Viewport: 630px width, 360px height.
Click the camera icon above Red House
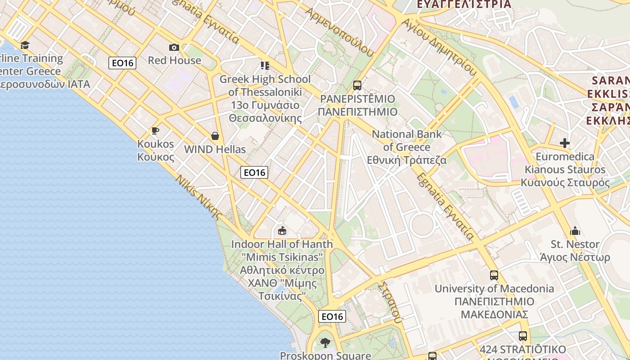click(174, 47)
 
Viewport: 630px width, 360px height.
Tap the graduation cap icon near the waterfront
click(25, 45)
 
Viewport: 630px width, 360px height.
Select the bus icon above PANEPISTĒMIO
click(357, 85)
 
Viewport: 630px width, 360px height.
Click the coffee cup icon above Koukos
click(155, 131)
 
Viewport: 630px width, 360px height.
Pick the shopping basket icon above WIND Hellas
click(215, 136)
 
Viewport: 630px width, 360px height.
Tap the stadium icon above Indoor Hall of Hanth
click(282, 231)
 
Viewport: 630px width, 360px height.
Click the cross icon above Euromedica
click(565, 143)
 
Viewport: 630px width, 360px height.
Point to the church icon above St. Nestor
click(575, 231)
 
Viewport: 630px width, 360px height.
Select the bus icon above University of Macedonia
click(494, 275)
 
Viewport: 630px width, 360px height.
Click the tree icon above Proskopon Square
click(325, 343)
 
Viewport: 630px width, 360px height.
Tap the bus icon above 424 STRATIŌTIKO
click(523, 336)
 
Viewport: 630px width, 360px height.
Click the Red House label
click(175, 60)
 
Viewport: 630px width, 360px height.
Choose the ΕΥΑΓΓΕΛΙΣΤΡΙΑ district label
click(464, 4)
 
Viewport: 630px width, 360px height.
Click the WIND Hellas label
click(215, 149)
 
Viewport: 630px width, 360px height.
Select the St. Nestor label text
click(575, 244)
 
